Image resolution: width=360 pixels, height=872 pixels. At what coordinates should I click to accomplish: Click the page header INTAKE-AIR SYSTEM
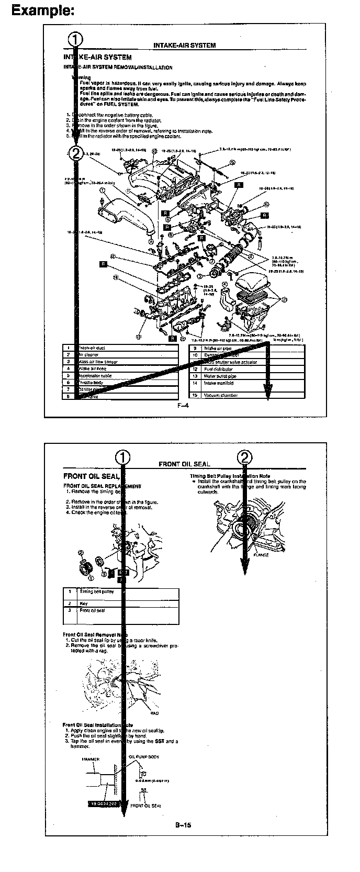pyautogui.click(x=184, y=46)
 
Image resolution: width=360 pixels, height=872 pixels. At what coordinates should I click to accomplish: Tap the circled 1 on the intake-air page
pyautogui.click(x=76, y=39)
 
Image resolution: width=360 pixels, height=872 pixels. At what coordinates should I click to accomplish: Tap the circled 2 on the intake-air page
pyautogui.click(x=76, y=152)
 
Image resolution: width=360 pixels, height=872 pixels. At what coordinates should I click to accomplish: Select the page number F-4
pyautogui.click(x=183, y=405)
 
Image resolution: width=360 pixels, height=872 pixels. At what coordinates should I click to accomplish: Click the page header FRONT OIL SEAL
pyautogui.click(x=184, y=464)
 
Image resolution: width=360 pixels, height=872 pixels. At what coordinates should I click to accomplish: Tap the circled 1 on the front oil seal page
pyautogui.click(x=123, y=457)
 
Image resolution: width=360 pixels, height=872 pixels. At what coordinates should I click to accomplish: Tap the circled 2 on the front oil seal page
pyautogui.click(x=245, y=457)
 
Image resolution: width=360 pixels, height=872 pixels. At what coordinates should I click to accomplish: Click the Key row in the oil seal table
pyautogui.click(x=84, y=603)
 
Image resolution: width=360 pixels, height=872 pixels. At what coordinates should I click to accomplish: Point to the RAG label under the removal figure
pyautogui.click(x=154, y=713)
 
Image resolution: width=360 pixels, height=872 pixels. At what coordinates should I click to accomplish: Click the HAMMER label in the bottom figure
pyautogui.click(x=90, y=758)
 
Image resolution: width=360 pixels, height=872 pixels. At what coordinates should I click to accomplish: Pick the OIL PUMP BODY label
pyautogui.click(x=144, y=756)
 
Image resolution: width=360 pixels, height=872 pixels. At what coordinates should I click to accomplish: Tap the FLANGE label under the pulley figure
pyautogui.click(x=261, y=555)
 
